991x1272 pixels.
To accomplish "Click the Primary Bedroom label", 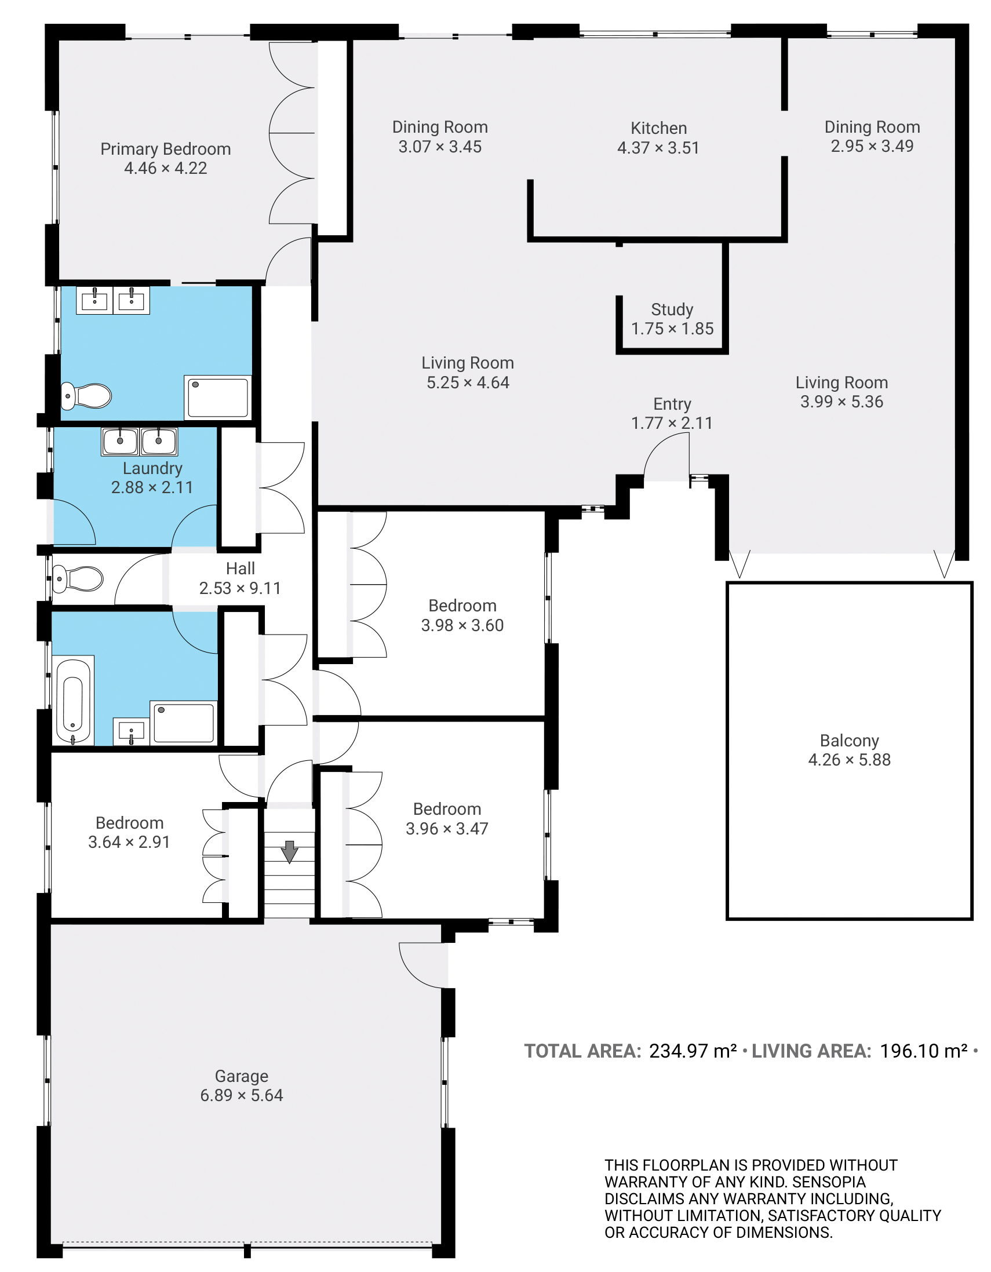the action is click(x=166, y=149).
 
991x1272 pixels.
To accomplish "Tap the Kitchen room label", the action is click(x=658, y=128).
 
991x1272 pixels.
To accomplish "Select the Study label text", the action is click(x=672, y=309).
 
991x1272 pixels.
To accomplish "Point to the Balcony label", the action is click(x=849, y=740).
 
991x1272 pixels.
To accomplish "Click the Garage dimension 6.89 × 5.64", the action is click(x=241, y=1095).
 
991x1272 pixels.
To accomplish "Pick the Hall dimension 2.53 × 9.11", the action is click(x=240, y=588).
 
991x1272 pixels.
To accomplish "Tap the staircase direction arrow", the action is click(x=290, y=851).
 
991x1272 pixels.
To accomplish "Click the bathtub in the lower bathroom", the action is click(x=73, y=701).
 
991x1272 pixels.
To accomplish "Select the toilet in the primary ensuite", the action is click(x=86, y=396).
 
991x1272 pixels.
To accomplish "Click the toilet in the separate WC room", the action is click(x=78, y=579).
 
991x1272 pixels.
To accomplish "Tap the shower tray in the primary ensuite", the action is click(x=218, y=397).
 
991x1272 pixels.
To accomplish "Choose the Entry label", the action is click(x=672, y=403).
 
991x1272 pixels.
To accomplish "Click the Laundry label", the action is click(x=152, y=468).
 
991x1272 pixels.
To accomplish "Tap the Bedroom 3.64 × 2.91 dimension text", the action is click(x=129, y=841).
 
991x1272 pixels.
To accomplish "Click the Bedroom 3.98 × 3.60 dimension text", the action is click(x=462, y=625).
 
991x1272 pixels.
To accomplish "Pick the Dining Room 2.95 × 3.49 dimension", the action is click(x=872, y=145).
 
